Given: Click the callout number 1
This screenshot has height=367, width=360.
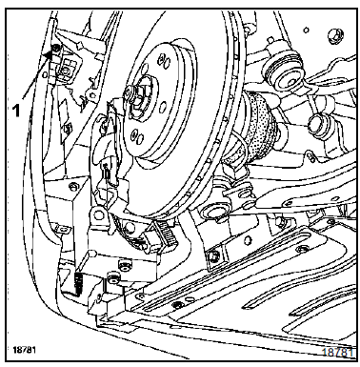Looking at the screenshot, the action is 16,111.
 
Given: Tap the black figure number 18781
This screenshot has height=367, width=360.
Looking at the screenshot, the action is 24,350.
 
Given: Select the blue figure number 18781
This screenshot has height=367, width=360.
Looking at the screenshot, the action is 338,353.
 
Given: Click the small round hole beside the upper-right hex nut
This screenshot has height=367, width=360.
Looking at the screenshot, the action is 307,31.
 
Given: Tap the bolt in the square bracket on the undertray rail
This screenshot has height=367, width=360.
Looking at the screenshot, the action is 215,255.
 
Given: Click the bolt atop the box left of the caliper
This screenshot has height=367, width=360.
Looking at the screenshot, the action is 73,186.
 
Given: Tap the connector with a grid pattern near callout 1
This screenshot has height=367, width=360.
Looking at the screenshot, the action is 66,68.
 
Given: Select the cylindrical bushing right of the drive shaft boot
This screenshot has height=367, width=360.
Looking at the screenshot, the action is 317,124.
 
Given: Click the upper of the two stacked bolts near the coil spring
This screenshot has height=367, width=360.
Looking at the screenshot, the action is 124,264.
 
